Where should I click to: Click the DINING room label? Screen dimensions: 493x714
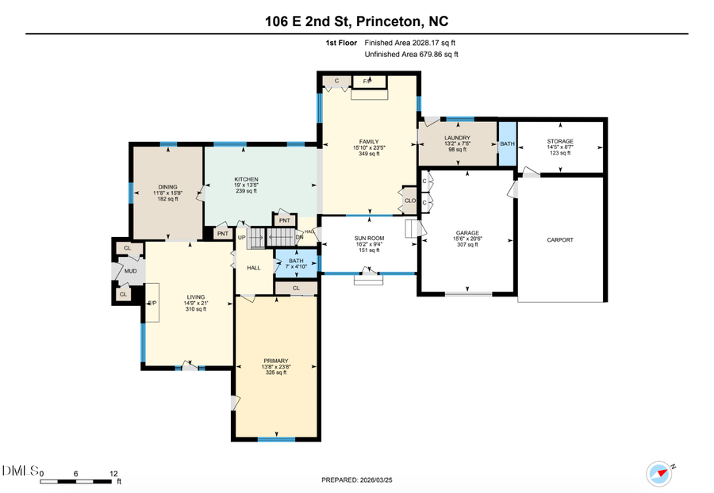click(x=167, y=186)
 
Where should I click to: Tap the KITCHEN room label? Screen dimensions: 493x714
click(x=246, y=179)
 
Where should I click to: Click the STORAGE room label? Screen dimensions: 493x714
click(x=559, y=141)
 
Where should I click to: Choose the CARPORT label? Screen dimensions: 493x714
click(x=559, y=239)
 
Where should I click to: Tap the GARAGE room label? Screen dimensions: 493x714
click(x=467, y=233)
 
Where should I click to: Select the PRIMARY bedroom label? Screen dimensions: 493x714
click(x=276, y=360)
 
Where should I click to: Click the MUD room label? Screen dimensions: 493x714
click(x=130, y=271)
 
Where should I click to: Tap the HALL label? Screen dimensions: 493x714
click(x=254, y=268)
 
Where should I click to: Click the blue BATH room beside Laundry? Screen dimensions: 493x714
click(x=507, y=143)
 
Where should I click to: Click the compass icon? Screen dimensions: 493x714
click(x=659, y=472)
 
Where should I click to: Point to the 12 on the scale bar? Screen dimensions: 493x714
click(x=113, y=472)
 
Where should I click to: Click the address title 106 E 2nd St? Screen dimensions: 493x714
click(x=356, y=21)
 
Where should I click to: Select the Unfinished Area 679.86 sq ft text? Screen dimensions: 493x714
click(x=411, y=55)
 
